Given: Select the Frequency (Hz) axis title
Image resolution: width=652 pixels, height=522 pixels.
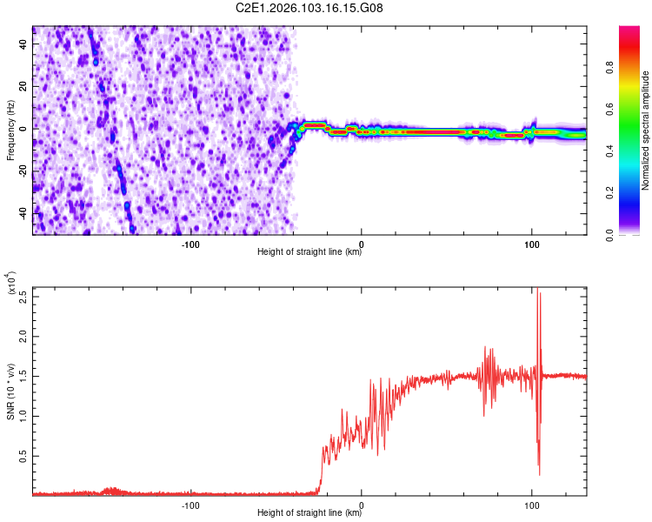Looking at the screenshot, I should coord(10,130).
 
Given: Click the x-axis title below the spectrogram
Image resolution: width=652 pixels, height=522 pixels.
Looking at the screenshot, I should coord(309,252).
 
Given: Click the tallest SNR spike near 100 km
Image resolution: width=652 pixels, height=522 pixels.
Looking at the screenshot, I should coord(537,289).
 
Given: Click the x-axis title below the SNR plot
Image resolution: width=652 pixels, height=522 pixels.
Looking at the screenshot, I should coord(309,513).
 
